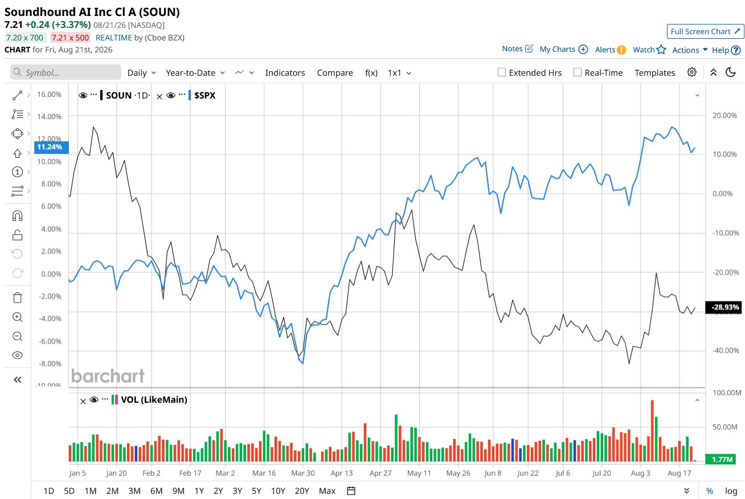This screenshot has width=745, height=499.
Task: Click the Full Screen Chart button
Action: point(705,31)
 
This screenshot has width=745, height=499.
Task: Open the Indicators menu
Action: point(285,73)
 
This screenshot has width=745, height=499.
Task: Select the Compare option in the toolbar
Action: point(335,73)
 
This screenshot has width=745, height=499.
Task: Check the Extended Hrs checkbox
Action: point(502,72)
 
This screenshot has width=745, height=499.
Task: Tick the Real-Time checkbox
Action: point(578,72)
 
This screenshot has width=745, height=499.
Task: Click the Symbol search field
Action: point(66,72)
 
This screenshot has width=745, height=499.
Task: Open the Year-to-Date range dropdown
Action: point(195,73)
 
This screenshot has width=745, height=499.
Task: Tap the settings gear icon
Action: point(692,72)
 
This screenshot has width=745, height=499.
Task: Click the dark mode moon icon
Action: point(730,72)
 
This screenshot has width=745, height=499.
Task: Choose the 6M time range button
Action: point(156,491)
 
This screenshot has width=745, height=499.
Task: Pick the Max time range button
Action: point(327,491)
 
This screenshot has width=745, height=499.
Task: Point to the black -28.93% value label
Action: point(723,307)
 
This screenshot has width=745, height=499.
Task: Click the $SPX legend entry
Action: point(204,96)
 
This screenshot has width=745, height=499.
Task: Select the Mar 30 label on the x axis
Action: point(302,473)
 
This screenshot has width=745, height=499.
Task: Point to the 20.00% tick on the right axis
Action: point(724,116)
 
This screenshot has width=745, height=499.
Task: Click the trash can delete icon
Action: point(17,297)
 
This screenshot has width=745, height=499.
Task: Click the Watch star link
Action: point(649,50)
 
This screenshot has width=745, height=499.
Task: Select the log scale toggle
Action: point(731,491)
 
